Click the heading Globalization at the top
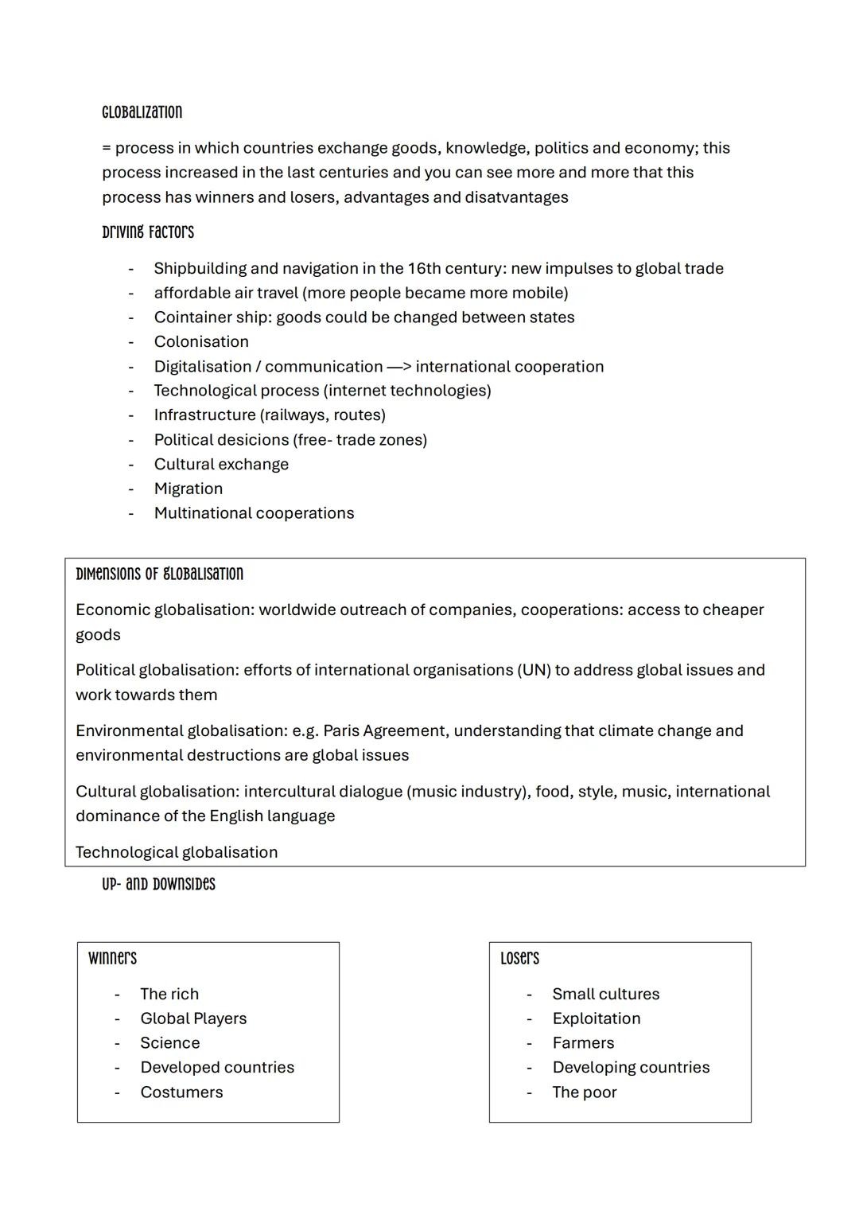pos(142,112)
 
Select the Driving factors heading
pos(147,232)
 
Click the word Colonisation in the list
pos(201,341)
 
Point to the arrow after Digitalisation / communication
pos(398,367)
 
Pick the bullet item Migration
pos(189,489)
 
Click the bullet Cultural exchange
pos(221,464)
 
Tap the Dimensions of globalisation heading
pos(159,574)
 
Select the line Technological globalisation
pos(177,852)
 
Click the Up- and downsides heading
pos(158,884)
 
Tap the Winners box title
pos(112,958)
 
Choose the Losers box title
pos(519,958)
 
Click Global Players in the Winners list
pos(193,1018)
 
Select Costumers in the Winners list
pos(181,1092)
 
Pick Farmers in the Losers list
pos(583,1042)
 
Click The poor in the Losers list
pos(585,1092)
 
